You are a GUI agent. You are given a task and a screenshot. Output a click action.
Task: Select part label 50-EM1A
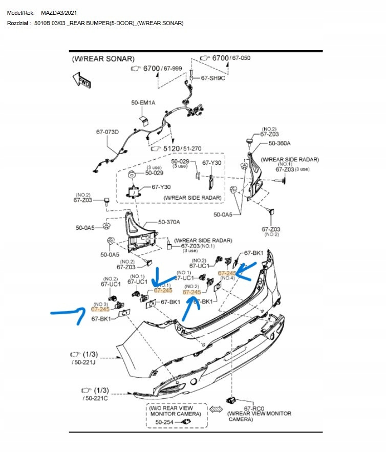click(143, 103)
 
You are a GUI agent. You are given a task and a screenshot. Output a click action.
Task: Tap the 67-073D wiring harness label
click(107, 132)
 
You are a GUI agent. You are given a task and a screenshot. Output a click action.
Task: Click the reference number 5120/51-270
click(182, 148)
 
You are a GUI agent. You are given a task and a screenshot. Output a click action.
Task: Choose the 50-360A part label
click(280, 143)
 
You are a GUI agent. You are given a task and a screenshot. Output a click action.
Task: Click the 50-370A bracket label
click(169, 222)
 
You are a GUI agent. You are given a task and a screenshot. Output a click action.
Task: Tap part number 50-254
click(165, 422)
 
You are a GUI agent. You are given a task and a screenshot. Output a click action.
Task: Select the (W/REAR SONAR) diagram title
click(103, 59)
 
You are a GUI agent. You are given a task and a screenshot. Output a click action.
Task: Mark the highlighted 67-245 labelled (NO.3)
click(100, 309)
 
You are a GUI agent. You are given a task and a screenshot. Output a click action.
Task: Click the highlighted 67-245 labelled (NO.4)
click(227, 273)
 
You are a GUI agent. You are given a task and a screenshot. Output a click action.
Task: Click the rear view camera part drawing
click(230, 399)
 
